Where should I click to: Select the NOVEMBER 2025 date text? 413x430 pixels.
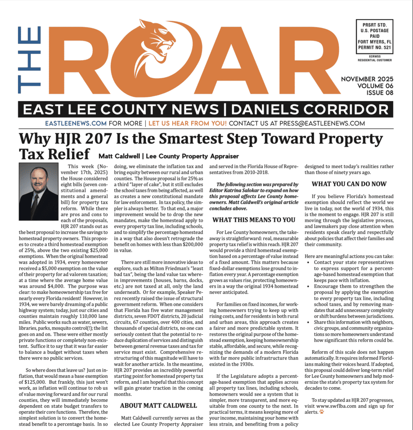tap(367, 79)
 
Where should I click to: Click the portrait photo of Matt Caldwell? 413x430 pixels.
tap(39, 191)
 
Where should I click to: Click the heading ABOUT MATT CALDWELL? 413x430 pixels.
tap(158, 406)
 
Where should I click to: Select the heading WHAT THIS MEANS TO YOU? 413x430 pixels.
tap(254, 219)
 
